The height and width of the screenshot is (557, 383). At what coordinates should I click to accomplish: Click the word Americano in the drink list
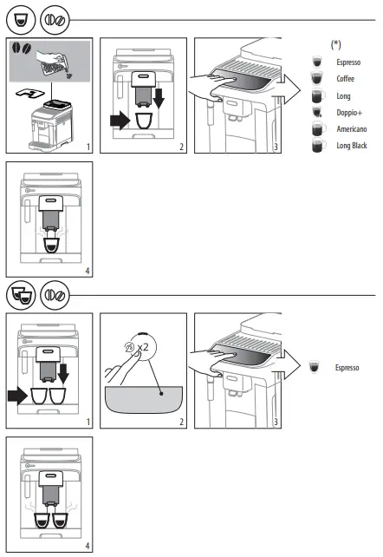coord(351,129)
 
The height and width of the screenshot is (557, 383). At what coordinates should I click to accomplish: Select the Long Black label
coord(352,146)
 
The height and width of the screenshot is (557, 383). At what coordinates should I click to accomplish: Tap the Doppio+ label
coord(348,113)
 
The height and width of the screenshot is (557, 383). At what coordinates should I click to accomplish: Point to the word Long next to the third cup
coord(343,96)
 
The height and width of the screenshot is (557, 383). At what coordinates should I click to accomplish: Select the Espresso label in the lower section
coord(349,368)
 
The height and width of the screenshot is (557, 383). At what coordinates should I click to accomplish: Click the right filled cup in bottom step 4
coord(60,521)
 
